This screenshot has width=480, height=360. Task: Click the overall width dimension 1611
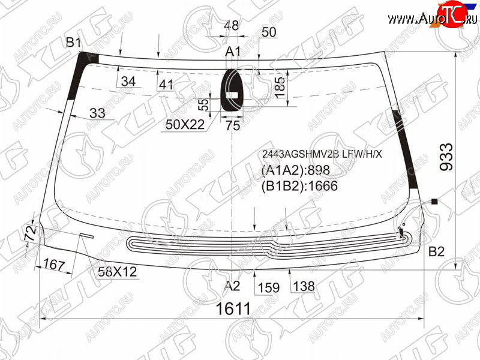point(233,308)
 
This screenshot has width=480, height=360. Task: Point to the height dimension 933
point(446,157)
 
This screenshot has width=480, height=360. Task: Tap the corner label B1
point(73,42)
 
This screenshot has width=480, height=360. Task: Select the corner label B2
point(436,251)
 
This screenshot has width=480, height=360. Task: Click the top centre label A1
point(233,52)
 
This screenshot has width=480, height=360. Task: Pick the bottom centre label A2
point(232,286)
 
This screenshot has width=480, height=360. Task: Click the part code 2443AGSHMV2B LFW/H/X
point(322,154)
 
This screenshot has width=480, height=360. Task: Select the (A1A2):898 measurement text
point(295,170)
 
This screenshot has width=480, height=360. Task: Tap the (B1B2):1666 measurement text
point(299,186)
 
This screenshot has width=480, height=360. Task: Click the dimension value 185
point(280,88)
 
